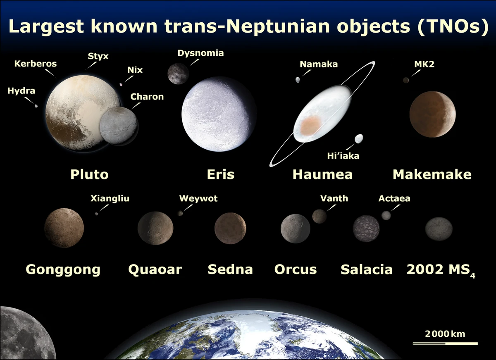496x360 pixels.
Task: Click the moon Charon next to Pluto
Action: tap(119, 126)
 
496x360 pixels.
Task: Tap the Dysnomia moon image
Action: tap(178, 74)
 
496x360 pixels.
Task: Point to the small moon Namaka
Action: tap(298, 80)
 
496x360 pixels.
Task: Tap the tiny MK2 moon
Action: tap(406, 80)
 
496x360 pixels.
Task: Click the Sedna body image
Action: tap(230, 228)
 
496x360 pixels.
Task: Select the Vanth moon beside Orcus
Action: tap(320, 216)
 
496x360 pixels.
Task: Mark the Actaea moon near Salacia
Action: tap(386, 215)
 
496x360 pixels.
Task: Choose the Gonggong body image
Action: tap(64, 228)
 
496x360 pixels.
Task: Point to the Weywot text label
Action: tap(198, 199)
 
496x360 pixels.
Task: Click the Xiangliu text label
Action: tap(110, 199)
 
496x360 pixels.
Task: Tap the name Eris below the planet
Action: tap(220, 174)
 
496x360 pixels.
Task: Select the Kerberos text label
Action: tap(36, 64)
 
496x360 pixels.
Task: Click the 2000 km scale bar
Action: tap(445, 343)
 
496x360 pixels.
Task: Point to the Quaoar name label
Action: tap(155, 270)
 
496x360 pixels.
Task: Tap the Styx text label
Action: tap(98, 56)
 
